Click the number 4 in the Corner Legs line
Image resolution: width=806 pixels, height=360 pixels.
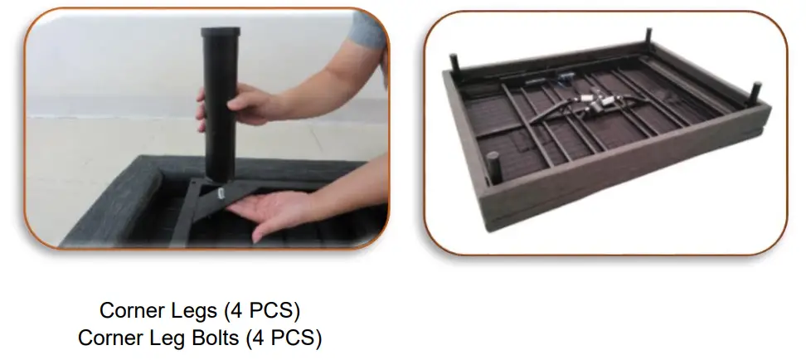pyautogui.click(x=236, y=312)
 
